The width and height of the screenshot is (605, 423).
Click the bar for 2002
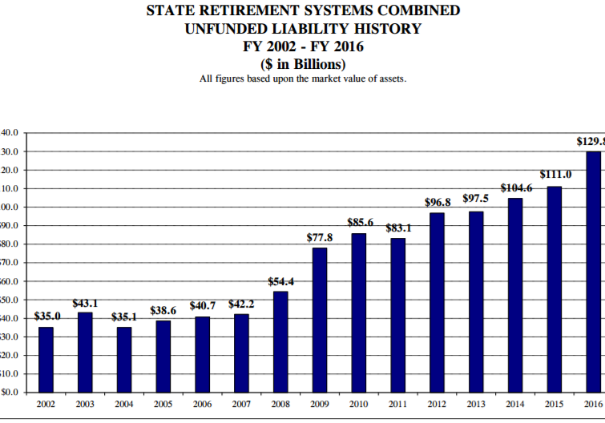tap(46, 360)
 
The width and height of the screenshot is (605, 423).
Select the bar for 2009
tap(320, 320)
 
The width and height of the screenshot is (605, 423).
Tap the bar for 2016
tap(593, 272)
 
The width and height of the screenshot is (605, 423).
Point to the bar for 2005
tap(163, 357)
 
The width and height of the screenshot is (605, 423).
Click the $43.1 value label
tap(85, 304)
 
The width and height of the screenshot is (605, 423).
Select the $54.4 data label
tap(280, 282)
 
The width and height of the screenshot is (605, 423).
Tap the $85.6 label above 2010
tap(360, 221)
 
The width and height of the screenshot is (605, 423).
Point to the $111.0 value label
tap(555, 174)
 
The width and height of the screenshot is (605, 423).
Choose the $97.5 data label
tap(476, 198)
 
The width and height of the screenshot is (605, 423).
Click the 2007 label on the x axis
tap(241, 405)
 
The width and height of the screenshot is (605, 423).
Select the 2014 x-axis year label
tap(515, 405)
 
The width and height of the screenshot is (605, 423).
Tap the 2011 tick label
tap(398, 405)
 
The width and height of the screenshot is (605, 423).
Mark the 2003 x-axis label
tap(85, 405)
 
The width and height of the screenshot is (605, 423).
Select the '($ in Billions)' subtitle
tap(303, 64)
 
